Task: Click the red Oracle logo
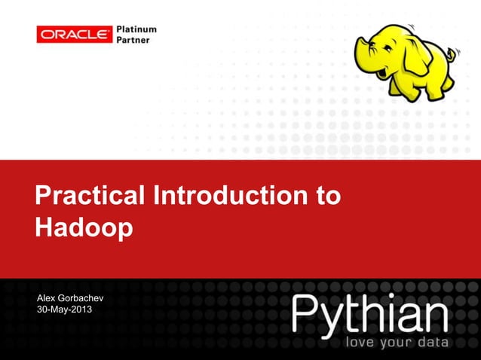(x=75, y=34)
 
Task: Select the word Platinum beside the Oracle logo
(x=136, y=29)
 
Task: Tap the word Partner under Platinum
(x=133, y=40)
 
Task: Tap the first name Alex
(x=47, y=300)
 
